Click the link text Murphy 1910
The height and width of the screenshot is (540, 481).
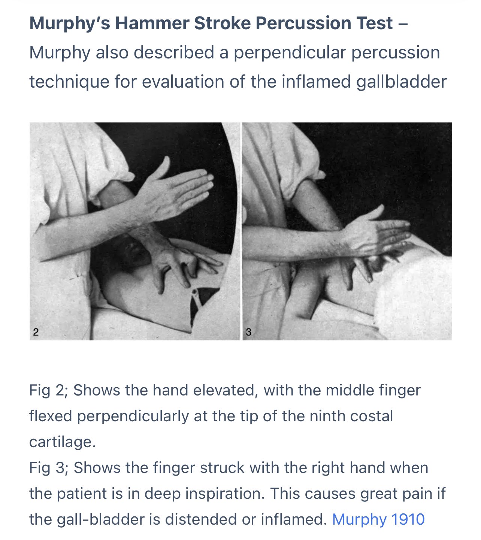tap(378, 519)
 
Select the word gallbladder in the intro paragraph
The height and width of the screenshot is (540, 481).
tap(401, 82)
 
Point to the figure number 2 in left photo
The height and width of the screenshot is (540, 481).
tap(36, 332)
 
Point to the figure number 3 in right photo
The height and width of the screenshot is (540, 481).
tap(248, 332)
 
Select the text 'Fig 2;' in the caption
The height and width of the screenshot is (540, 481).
tap(48, 391)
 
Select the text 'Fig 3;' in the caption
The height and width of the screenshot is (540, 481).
tap(48, 468)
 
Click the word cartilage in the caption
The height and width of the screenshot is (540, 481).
tap(62, 442)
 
